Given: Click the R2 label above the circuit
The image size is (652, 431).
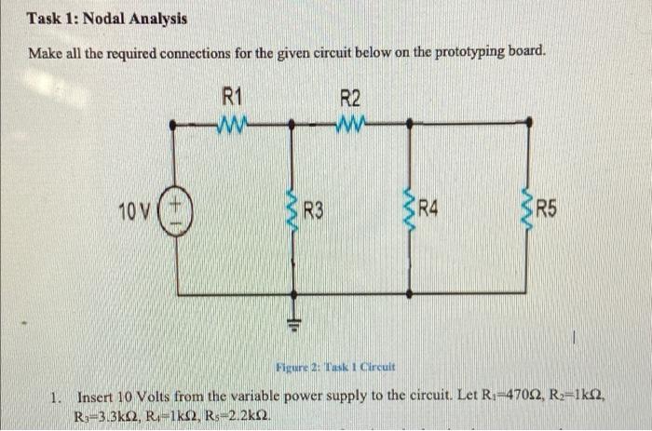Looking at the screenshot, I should tap(350, 96).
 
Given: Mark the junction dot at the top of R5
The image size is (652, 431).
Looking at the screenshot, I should tap(528, 121).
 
